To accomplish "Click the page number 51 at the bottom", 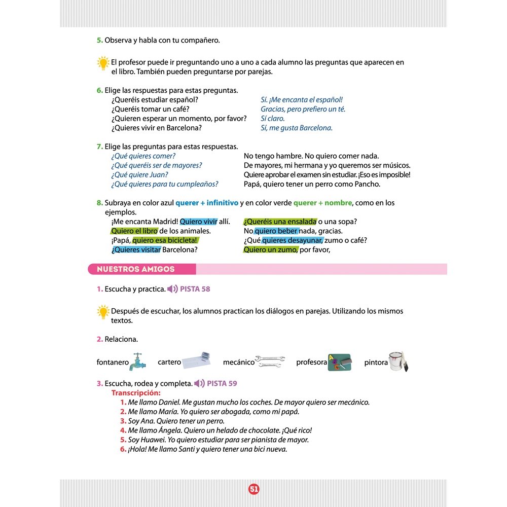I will click(x=254, y=489).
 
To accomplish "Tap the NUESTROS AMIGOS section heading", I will click(x=135, y=269).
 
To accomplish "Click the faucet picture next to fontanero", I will click(x=137, y=362).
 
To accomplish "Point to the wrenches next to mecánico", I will click(x=270, y=360).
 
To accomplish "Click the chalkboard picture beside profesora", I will click(x=340, y=362).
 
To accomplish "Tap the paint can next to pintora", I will click(x=399, y=361).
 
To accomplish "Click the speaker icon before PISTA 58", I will click(x=172, y=289).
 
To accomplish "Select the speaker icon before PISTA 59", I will click(x=199, y=383).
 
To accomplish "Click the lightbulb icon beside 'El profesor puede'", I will click(x=103, y=63).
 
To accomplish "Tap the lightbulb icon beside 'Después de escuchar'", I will click(x=103, y=311).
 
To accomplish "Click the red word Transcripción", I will click(x=136, y=393).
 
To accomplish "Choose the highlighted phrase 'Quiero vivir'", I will click(x=198, y=222).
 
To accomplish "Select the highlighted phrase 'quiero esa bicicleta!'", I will click(x=165, y=240).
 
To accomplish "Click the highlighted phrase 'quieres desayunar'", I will click(x=292, y=240).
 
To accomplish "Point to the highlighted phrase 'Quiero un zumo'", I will click(x=270, y=249).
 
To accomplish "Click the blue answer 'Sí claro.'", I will click(x=272, y=119).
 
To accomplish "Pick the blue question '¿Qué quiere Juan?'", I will click(x=139, y=175).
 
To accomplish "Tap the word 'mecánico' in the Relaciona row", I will click(x=238, y=362).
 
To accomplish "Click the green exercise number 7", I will click(x=100, y=147).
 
